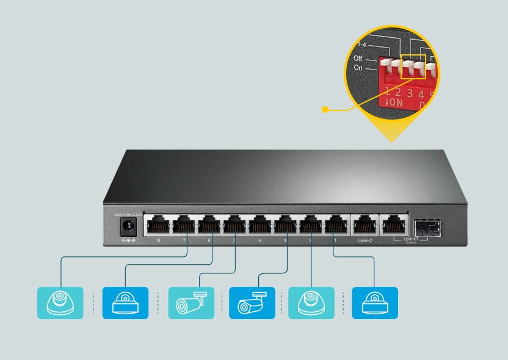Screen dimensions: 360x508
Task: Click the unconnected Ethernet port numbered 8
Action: point(157,226)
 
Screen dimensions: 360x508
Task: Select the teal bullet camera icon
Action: point(191,303)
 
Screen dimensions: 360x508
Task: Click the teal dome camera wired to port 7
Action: point(60,303)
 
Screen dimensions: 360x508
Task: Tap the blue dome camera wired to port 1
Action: point(375,303)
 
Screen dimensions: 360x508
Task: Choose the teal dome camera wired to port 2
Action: point(311,303)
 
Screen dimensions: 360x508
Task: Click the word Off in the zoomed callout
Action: point(358,59)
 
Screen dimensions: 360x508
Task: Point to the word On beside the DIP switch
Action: point(358,68)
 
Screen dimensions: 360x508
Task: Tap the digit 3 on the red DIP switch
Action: point(410,93)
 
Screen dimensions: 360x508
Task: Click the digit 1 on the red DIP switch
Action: point(387,92)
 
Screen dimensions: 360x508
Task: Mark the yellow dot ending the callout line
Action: point(325,110)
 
